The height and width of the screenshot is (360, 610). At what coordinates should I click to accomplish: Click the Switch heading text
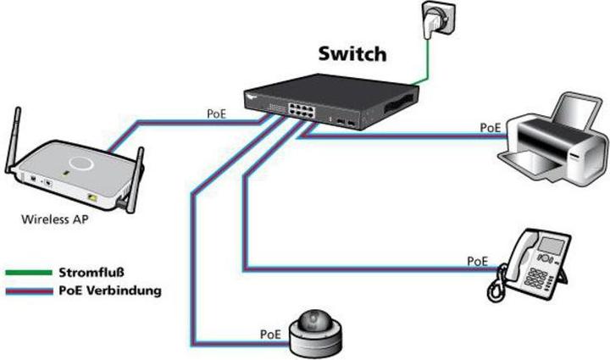tap(352, 54)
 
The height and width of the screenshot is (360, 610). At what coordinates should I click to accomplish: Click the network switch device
tap(326, 105)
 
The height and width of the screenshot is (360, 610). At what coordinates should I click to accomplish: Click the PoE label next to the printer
tap(489, 127)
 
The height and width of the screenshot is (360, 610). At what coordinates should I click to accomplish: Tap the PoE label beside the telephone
tap(478, 261)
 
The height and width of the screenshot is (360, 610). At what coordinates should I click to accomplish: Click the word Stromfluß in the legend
tap(92, 273)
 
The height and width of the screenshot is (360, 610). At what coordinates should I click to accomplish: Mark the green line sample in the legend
tap(27, 273)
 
